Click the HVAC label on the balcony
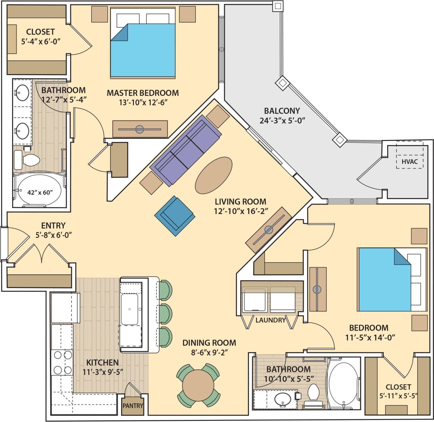coord(409,161)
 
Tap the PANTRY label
coord(133,405)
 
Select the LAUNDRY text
coord(270,320)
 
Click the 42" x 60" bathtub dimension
coord(40,192)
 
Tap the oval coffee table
coord(214,175)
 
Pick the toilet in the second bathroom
coord(313,393)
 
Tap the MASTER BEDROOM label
coord(143,93)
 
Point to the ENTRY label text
coord(53,226)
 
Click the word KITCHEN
coord(103,362)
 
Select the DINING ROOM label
coord(209,343)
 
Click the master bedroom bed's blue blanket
coord(145,52)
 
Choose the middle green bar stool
coord(166,313)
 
